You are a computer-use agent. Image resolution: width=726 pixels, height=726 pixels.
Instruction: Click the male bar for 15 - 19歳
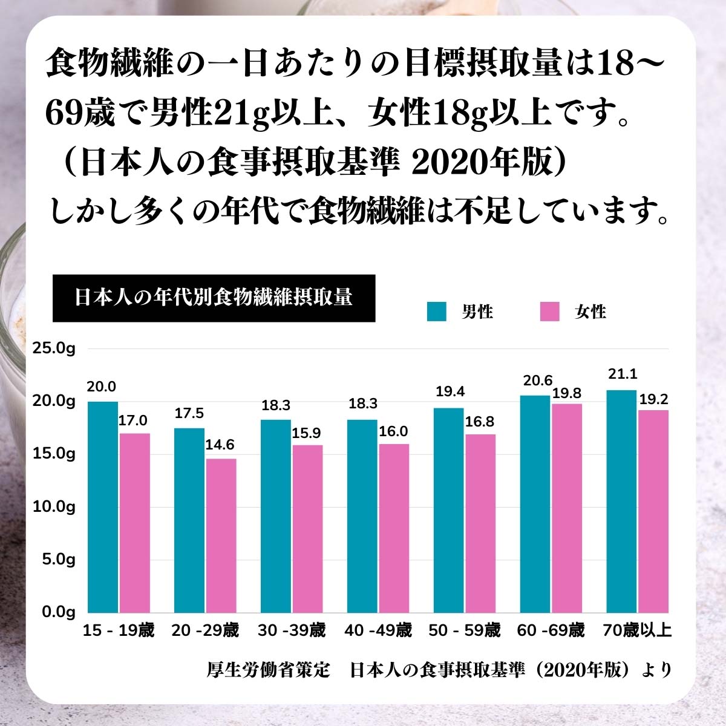(x=103, y=506)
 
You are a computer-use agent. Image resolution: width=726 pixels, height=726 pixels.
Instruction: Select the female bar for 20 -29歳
(x=221, y=535)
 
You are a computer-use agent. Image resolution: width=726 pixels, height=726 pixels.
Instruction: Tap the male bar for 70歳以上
(x=621, y=501)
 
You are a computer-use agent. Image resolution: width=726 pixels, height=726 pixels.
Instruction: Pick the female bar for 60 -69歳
(x=566, y=508)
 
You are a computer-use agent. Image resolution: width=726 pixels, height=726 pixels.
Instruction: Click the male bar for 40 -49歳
(x=362, y=515)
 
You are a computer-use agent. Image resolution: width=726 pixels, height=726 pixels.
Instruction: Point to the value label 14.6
(x=220, y=445)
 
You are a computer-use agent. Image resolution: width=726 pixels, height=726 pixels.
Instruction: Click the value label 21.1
(x=623, y=374)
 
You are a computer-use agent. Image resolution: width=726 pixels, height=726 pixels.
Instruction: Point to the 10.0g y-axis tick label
(x=54, y=506)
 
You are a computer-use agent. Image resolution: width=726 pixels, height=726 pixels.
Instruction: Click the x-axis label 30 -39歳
(x=292, y=631)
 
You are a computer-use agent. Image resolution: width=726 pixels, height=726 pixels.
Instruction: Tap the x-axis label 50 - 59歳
(x=465, y=631)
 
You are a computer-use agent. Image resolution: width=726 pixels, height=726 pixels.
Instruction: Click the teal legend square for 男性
(x=436, y=312)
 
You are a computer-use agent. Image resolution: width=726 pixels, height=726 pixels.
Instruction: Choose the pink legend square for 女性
(x=549, y=312)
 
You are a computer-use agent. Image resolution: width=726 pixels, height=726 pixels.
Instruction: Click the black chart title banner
(x=214, y=298)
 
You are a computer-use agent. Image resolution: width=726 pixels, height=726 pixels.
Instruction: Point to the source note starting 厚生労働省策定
(x=439, y=670)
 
